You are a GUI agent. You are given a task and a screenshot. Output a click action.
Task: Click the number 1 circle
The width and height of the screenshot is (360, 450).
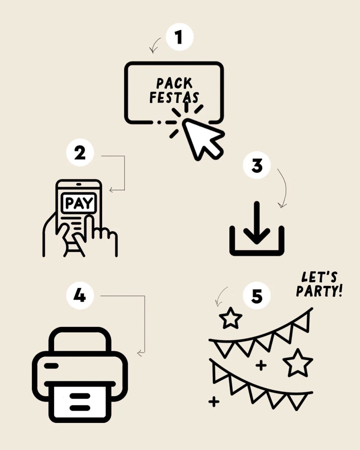[179, 37]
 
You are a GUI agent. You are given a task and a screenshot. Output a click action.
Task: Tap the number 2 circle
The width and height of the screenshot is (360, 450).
[79, 154]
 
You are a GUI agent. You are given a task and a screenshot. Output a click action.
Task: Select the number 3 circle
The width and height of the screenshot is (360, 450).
[257, 165]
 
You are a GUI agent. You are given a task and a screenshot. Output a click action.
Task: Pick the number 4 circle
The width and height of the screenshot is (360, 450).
[79, 295]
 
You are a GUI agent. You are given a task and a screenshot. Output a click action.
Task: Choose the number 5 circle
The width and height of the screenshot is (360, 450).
[257, 296]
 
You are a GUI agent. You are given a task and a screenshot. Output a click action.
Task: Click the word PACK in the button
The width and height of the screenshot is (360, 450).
[174, 83]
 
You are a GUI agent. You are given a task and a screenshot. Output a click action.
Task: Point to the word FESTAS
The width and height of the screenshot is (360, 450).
[174, 97]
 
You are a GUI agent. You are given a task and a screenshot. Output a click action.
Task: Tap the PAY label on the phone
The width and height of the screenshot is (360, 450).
[78, 203]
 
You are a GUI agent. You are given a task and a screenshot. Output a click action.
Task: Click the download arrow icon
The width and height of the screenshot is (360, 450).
[257, 229]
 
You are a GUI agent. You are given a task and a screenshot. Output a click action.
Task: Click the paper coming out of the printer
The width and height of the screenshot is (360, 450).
[79, 403]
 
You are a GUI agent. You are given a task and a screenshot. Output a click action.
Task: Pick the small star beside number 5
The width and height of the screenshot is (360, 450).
[231, 318]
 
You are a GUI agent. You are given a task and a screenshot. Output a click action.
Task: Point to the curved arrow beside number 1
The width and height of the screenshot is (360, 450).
[154, 45]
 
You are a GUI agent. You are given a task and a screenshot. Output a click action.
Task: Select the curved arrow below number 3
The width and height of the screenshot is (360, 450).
[283, 187]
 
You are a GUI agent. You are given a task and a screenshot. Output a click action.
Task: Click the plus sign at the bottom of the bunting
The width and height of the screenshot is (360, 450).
[214, 402]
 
